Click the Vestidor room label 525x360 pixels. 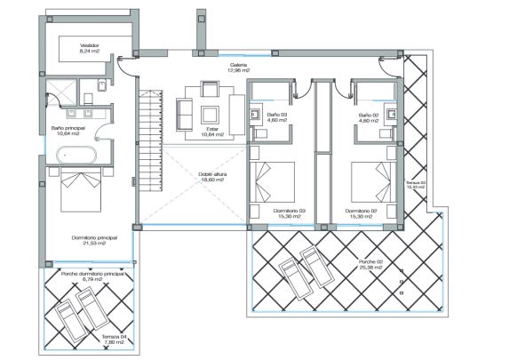[90, 48]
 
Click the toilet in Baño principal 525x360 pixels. [100, 86]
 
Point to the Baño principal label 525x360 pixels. [69, 131]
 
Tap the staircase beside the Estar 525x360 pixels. [146, 151]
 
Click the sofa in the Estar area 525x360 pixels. [185, 113]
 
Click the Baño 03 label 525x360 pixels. [277, 118]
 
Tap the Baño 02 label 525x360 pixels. [369, 118]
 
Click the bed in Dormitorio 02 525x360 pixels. [370, 184]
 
